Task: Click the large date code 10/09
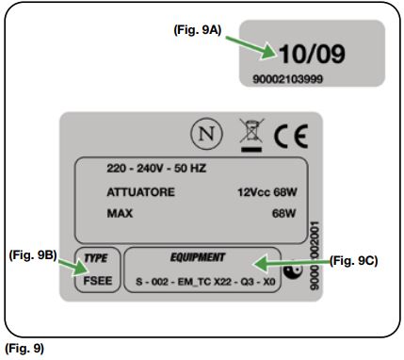click(x=312, y=54)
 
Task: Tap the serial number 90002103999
click(x=287, y=79)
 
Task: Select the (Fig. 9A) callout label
click(x=198, y=30)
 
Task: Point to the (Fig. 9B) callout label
click(x=33, y=255)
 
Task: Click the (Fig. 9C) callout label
click(x=354, y=261)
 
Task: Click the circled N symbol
click(x=206, y=134)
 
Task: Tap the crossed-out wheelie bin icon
click(x=251, y=135)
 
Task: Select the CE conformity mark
click(x=291, y=137)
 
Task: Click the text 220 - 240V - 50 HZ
click(x=156, y=169)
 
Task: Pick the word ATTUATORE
click(x=140, y=192)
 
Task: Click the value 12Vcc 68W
click(x=267, y=192)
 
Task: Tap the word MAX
click(x=120, y=214)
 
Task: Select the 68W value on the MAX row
click(x=283, y=214)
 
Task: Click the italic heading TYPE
click(x=96, y=258)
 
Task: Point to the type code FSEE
click(x=98, y=281)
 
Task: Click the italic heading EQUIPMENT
click(x=198, y=257)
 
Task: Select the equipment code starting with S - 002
click(x=205, y=282)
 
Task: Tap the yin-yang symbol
click(x=293, y=270)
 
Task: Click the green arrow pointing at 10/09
click(x=251, y=47)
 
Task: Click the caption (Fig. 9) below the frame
click(x=24, y=349)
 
